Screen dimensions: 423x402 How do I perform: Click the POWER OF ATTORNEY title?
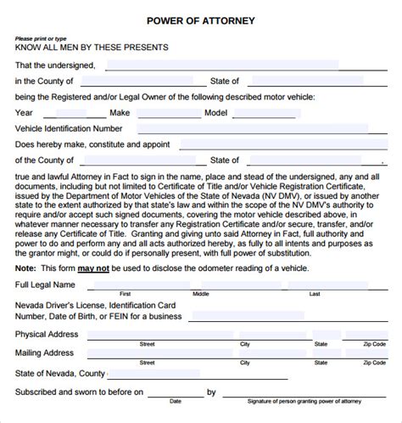(200, 20)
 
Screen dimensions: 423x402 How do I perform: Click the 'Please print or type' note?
(39, 38)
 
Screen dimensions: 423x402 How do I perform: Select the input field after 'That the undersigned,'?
(221, 65)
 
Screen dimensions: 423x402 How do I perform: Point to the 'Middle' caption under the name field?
(201, 294)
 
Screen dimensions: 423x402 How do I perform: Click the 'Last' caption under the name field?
(315, 294)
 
